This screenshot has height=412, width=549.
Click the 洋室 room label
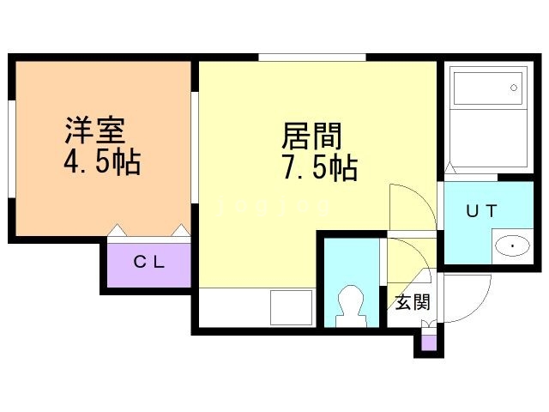pos(94,130)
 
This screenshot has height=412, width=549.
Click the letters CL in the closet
pos(148,263)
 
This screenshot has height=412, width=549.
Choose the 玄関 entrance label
pos(412,301)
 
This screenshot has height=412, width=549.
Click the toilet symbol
pos(351,306)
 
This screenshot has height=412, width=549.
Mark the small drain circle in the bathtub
pos(514,87)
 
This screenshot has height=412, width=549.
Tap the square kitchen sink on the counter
pos(291,306)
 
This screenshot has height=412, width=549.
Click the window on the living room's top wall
pos(312,58)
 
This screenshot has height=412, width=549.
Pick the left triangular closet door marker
pos(118,230)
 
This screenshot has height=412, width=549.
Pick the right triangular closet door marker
pos(181,230)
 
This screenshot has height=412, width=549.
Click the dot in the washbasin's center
pos(513,247)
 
